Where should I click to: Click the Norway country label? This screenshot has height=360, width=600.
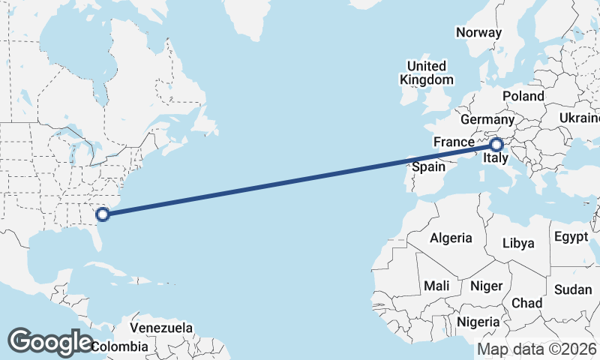(x=478, y=32)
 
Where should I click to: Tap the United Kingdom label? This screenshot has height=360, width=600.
(x=427, y=73)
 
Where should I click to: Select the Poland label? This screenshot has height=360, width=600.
(x=523, y=97)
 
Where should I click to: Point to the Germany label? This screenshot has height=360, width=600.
(x=487, y=120)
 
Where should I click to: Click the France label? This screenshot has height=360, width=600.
(x=454, y=142)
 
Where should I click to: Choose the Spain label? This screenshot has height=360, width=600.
(x=428, y=166)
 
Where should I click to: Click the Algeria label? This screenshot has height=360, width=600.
(x=451, y=238)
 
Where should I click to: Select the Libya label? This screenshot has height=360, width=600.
(x=518, y=243)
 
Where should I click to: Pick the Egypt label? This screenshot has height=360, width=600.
(x=571, y=237)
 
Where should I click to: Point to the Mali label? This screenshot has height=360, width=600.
(x=436, y=286)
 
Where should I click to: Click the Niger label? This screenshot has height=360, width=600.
(x=485, y=286)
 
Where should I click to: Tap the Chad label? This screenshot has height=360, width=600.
(x=526, y=303)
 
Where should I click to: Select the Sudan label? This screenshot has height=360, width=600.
(x=573, y=289)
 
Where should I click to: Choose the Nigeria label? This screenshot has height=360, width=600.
(x=478, y=322)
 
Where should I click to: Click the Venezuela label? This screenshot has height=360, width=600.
(x=161, y=328)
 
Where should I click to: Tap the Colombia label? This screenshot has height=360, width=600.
(x=120, y=346)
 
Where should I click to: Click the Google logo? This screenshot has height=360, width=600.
(x=50, y=341)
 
